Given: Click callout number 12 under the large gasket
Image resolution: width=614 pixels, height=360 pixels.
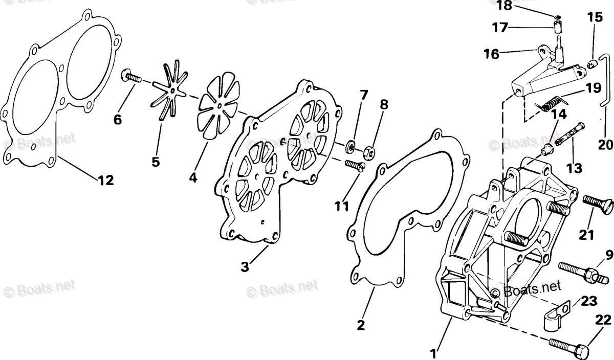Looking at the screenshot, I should [x=107, y=180].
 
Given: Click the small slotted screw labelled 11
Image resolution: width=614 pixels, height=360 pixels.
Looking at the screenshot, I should [x=355, y=166].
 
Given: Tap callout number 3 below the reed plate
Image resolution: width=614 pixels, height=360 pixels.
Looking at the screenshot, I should [x=245, y=266].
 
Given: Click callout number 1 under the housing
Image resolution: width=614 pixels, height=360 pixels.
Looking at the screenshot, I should [x=433, y=352].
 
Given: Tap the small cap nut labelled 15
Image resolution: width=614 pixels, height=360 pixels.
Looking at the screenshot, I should [x=593, y=64].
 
